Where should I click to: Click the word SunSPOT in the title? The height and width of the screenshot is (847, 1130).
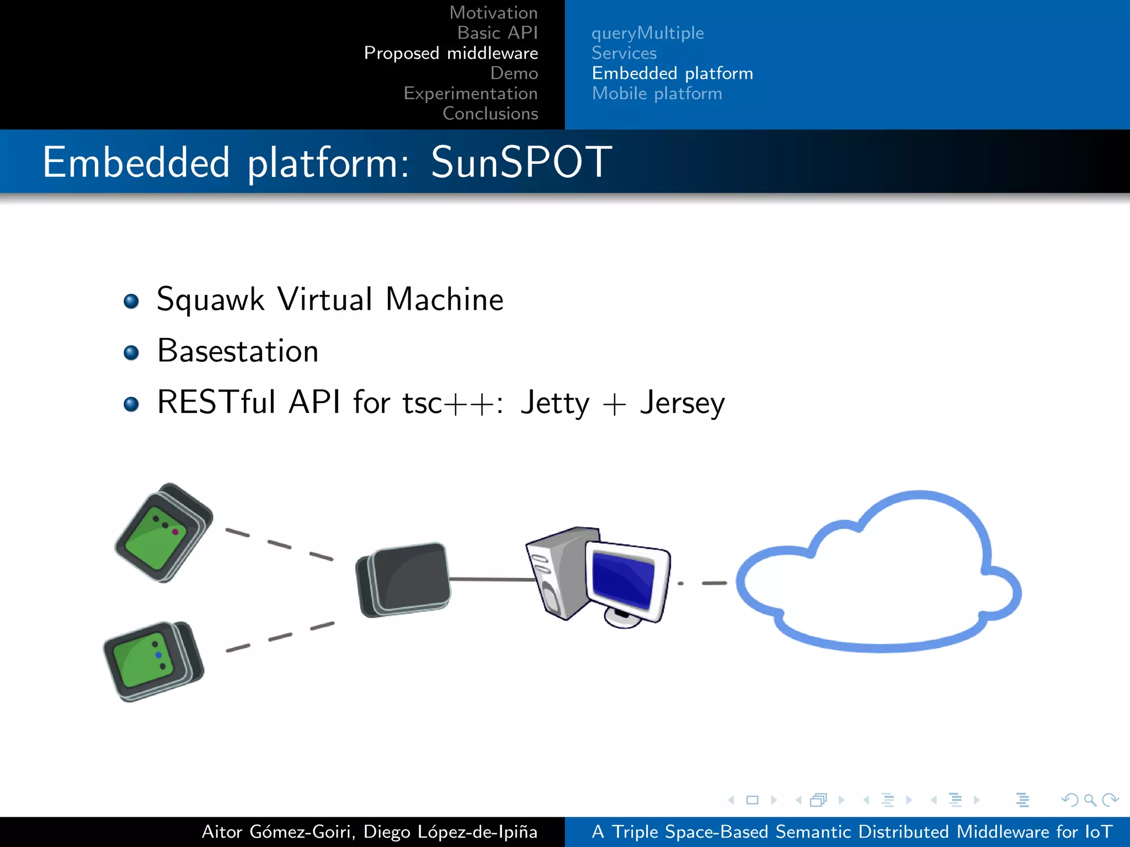click(521, 162)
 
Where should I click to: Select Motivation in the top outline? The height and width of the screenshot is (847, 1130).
click(493, 12)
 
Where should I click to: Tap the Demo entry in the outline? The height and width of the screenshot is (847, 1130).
click(514, 73)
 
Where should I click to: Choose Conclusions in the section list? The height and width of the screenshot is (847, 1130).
click(490, 113)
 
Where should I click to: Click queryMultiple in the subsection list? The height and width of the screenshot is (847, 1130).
click(647, 33)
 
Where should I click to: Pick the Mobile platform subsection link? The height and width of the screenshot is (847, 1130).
click(657, 93)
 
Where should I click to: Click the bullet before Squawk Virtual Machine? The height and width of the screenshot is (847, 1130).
click(131, 301)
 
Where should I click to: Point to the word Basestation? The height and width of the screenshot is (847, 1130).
click(238, 351)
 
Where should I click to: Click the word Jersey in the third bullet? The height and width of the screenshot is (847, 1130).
click(682, 403)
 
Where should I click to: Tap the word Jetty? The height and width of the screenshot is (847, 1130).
click(555, 403)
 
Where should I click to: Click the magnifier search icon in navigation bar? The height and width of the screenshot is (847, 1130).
click(1089, 800)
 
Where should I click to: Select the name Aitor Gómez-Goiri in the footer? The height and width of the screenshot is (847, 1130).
click(278, 832)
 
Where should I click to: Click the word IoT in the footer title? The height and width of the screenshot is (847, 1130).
click(1098, 832)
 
